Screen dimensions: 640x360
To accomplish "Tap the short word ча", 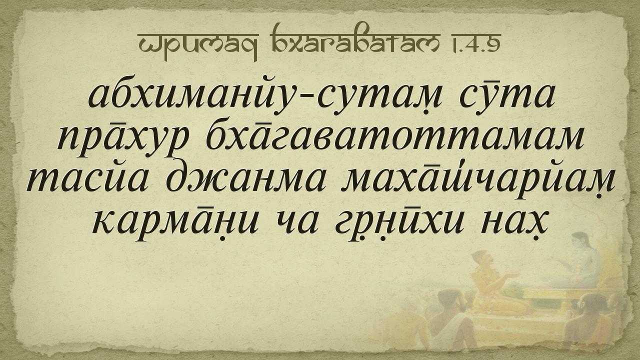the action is (x=296, y=224).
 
